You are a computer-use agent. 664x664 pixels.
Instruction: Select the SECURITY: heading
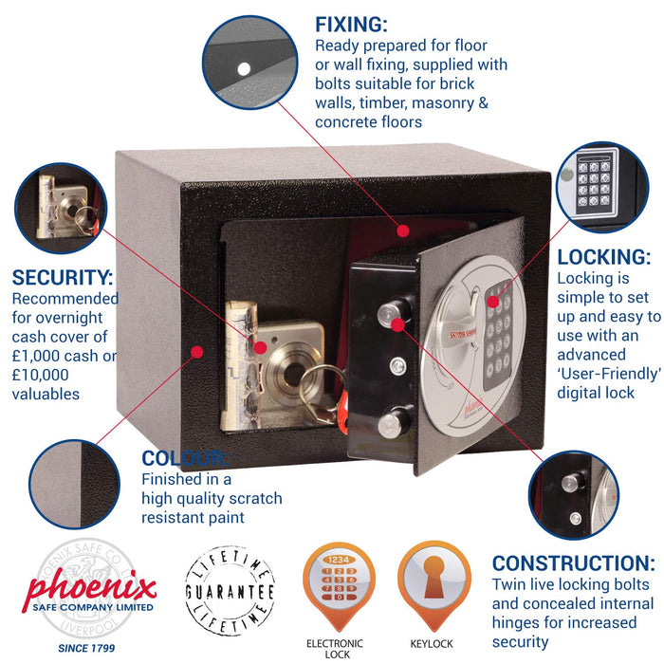point(63,278)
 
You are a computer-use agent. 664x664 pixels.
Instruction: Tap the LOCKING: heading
point(603,257)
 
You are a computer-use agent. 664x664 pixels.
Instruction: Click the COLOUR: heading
point(184,458)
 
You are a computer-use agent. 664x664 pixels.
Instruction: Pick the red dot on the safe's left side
point(197,351)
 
